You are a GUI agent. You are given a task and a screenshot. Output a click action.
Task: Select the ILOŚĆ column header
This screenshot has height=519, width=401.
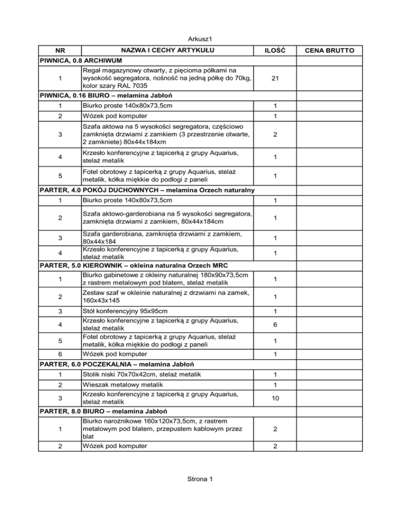click(x=274, y=50)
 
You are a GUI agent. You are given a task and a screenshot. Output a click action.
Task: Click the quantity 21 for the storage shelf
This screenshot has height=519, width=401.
click(x=274, y=78)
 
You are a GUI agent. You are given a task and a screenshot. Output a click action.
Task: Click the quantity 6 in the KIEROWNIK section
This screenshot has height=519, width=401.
click(x=274, y=324)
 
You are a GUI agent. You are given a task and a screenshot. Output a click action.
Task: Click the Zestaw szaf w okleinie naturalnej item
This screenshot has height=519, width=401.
click(x=165, y=296)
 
